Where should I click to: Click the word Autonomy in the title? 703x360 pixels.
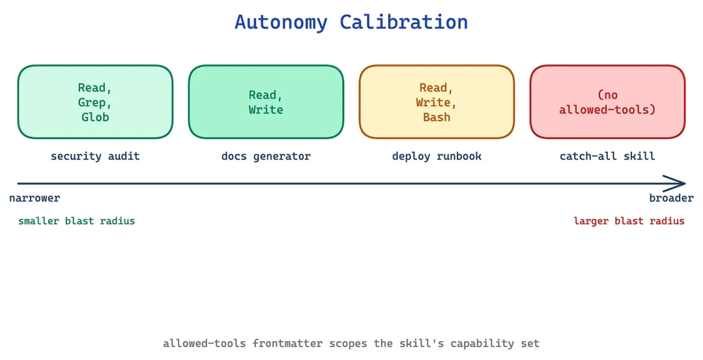(281, 22)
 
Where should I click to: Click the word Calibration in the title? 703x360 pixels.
(404, 21)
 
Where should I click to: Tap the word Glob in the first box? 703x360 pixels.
(95, 117)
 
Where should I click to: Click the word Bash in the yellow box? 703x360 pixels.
(437, 117)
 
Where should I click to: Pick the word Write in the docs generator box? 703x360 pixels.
(266, 110)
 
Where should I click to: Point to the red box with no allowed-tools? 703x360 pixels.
(607, 102)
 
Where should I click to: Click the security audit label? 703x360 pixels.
(95, 156)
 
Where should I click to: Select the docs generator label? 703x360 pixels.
(266, 156)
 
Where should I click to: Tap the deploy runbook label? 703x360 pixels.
(437, 156)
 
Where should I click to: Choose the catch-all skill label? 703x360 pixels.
(607, 156)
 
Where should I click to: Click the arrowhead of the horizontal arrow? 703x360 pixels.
(685, 184)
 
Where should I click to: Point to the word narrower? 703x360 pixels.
(34, 198)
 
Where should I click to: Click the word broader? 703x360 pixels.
(671, 198)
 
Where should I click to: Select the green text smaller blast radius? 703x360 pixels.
(77, 221)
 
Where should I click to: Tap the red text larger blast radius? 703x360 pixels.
(629, 221)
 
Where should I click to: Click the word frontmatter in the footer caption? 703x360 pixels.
(288, 344)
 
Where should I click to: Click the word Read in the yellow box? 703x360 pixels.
(433, 87)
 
